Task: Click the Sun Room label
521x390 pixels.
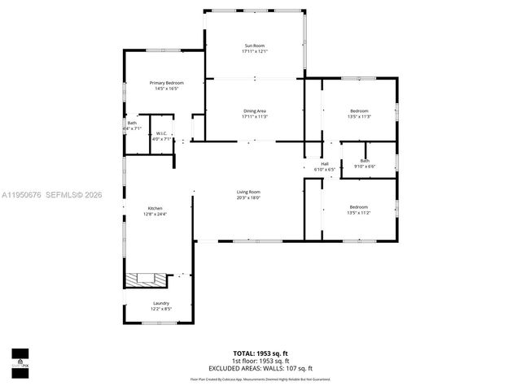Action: [255, 45]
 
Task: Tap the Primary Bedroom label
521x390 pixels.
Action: [166, 83]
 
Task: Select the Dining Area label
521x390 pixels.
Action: [255, 110]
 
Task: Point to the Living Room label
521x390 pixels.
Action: [248, 191]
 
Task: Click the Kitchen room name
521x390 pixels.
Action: [155, 208]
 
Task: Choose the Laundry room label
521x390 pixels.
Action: [160, 303]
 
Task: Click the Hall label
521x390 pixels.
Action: [324, 163]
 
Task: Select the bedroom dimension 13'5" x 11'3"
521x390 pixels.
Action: [359, 116]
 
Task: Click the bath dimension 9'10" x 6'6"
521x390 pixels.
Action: [365, 167]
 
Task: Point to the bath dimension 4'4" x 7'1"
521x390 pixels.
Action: [132, 128]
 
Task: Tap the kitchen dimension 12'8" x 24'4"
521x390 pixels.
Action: [155, 214]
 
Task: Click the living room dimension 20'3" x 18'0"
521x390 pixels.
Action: [248, 197]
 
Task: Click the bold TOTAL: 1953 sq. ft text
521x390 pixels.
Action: [260, 353]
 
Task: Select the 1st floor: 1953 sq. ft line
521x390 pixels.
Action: [260, 361]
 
